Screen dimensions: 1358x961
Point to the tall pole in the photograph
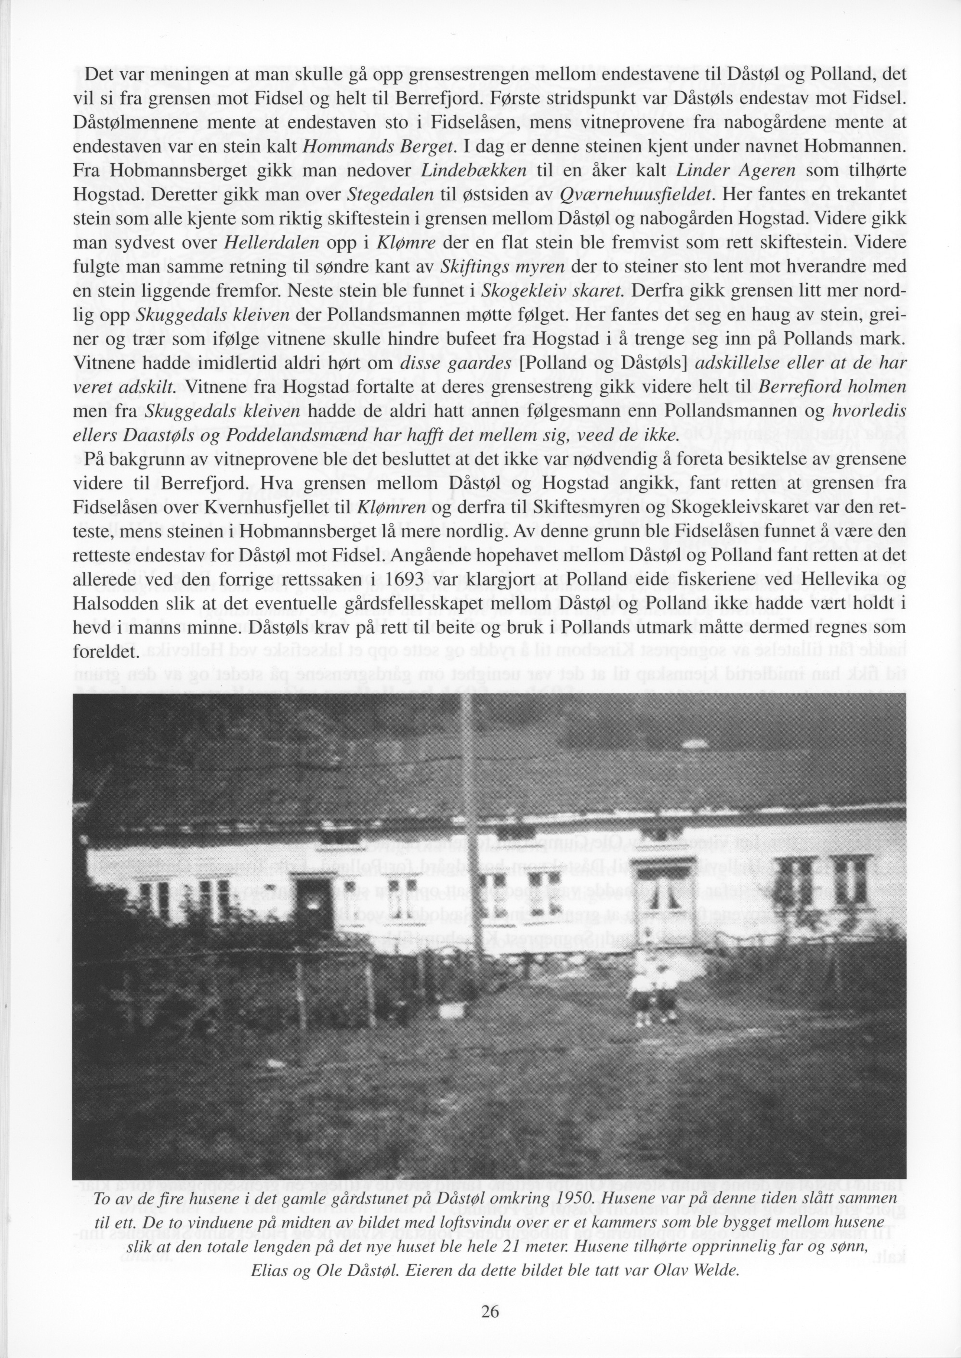tap(472, 828)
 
